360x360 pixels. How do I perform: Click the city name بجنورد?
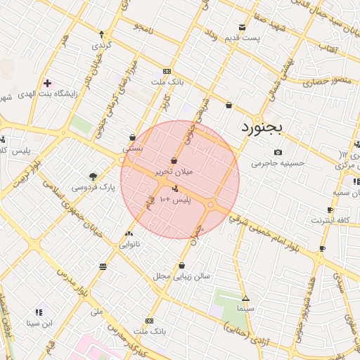point(261,127)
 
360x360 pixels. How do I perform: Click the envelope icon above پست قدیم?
point(243,27)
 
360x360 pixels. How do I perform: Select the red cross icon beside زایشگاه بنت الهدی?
point(47,83)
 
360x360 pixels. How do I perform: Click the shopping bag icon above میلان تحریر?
point(174,160)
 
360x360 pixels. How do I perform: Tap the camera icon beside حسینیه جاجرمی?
point(278,153)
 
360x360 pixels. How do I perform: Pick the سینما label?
point(245,309)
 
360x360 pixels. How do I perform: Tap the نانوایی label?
point(128,245)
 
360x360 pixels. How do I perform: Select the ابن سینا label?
point(39,323)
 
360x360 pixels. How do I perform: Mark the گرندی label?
point(101,45)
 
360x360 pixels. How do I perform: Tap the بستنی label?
point(133,148)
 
